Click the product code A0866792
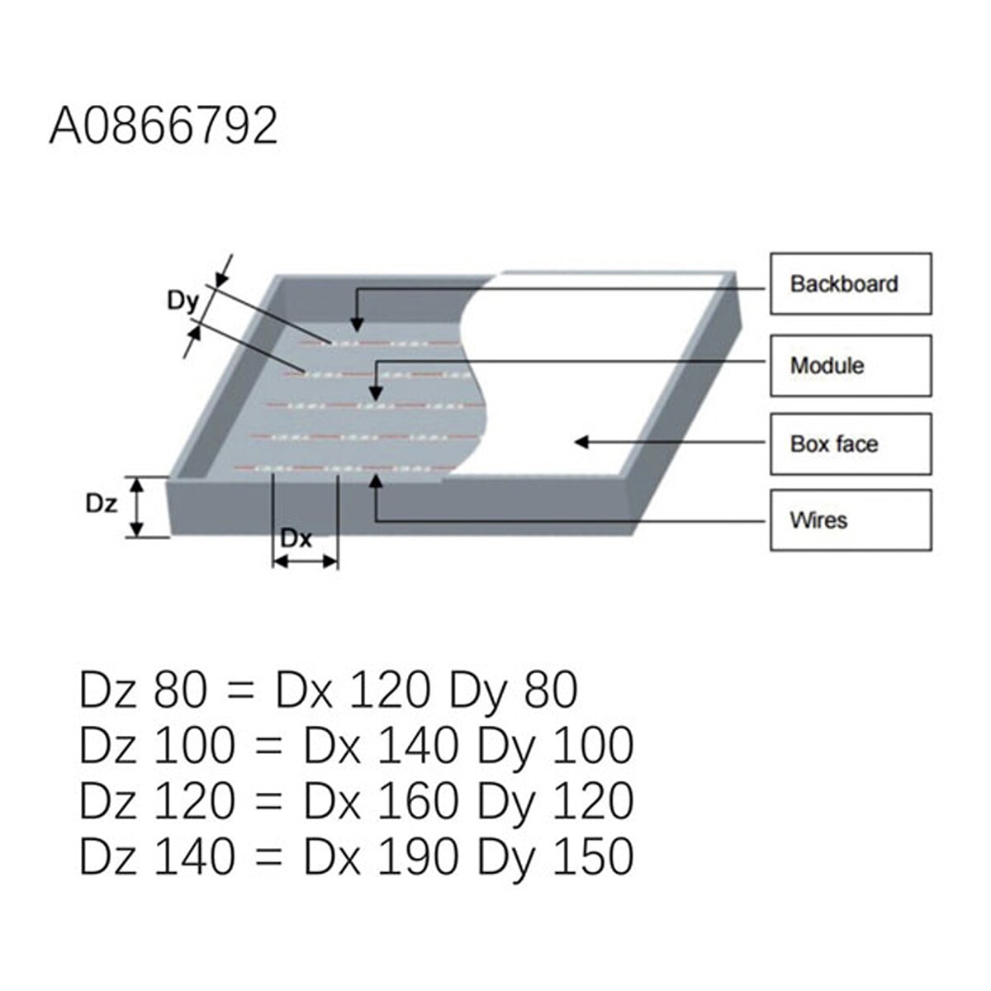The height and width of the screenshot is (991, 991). (x=164, y=126)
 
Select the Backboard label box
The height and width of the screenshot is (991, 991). (x=851, y=283)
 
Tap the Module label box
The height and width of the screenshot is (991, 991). (x=851, y=366)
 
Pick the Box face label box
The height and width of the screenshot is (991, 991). (x=851, y=443)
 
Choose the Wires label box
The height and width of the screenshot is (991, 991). (x=851, y=520)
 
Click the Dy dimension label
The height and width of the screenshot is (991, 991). (x=183, y=301)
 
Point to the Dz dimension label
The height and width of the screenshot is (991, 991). (x=102, y=504)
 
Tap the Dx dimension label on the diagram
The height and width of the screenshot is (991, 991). (x=296, y=538)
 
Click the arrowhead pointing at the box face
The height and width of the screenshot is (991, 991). (x=581, y=442)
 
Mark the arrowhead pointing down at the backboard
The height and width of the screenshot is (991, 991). (x=357, y=325)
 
